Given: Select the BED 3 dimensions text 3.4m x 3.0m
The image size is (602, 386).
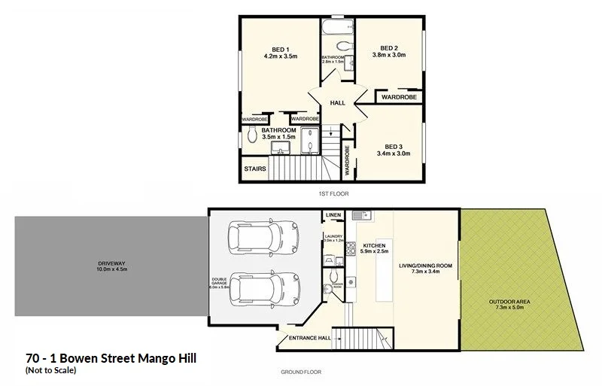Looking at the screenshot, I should coord(393,154).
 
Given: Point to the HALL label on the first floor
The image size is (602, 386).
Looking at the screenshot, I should coord(337,102).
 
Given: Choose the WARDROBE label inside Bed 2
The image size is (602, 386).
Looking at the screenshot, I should coord(398,97).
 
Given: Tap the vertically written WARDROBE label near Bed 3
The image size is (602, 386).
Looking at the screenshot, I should coord(347,160).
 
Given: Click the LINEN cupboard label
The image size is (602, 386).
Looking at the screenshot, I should coord(333,217).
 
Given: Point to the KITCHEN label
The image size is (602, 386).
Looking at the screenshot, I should coord(374,246).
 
